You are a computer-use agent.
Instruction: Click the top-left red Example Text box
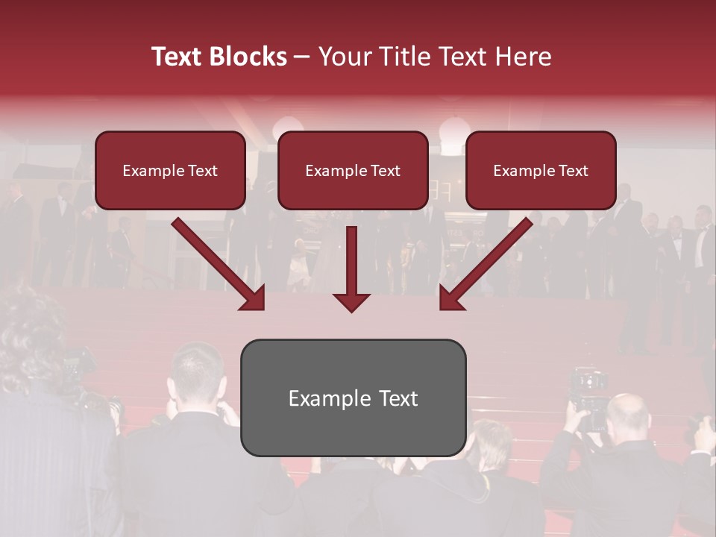pos(170,170)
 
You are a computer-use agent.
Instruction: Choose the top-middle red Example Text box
pos(353,170)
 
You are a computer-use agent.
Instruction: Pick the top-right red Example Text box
pos(541,170)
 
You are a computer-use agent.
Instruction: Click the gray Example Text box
pos(353,398)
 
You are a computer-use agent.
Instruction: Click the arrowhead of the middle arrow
pos(352,301)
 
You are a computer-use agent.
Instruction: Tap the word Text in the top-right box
pos(572,170)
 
